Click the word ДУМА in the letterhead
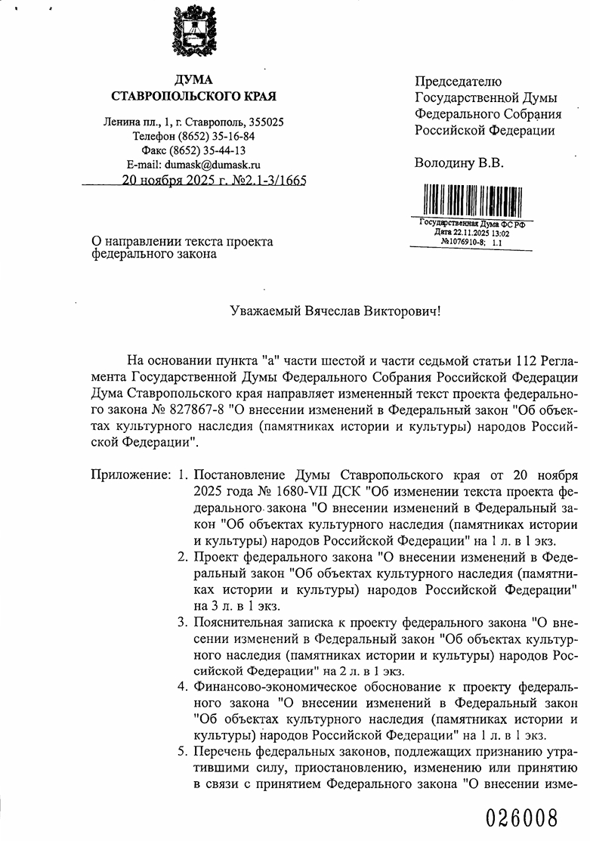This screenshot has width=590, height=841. [193, 80]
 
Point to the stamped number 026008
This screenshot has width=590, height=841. [522, 818]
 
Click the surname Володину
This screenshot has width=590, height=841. [444, 162]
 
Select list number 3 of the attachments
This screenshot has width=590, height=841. [182, 623]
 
